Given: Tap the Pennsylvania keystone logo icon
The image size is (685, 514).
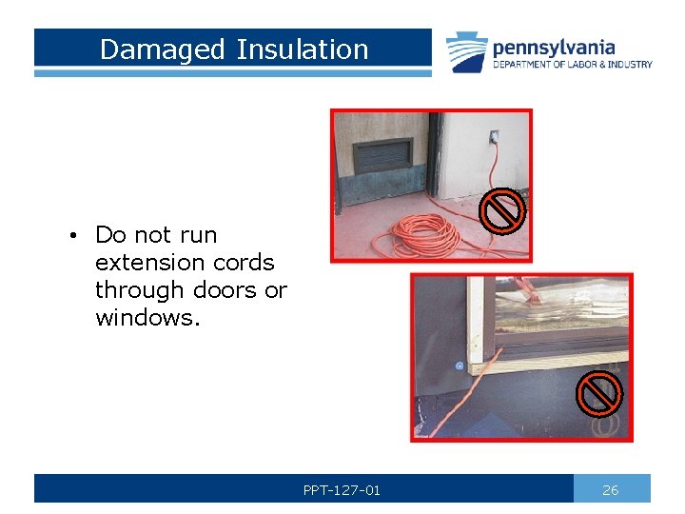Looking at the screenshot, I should (467, 52).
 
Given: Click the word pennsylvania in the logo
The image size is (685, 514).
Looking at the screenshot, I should (554, 47).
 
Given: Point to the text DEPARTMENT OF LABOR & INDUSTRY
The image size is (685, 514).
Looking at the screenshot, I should (572, 65).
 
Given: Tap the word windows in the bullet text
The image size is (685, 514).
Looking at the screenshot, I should (147, 317).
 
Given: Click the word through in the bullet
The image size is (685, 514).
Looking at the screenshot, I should (139, 289).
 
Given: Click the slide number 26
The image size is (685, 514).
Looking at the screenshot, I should (611, 489).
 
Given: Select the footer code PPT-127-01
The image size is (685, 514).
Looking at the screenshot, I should (342, 489).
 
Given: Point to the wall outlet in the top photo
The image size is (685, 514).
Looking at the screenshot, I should (494, 138).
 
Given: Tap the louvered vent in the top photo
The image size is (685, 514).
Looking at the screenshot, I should (383, 154).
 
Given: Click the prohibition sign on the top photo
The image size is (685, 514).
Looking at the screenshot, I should (501, 210).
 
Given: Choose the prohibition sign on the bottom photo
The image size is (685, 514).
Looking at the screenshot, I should (600, 394).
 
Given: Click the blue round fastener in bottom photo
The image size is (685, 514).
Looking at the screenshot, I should (459, 366).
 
